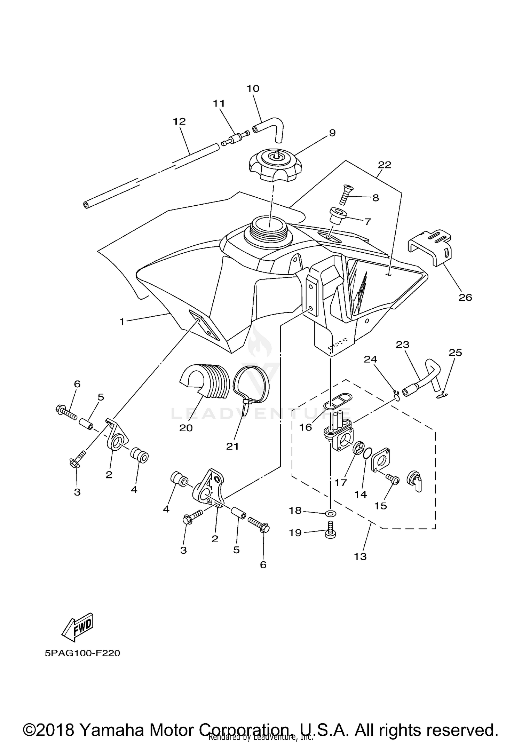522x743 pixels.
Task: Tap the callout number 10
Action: tap(253, 88)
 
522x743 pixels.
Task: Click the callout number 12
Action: tap(180, 121)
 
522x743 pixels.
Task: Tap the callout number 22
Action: tap(384, 165)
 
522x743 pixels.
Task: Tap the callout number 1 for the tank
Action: tap(122, 322)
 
